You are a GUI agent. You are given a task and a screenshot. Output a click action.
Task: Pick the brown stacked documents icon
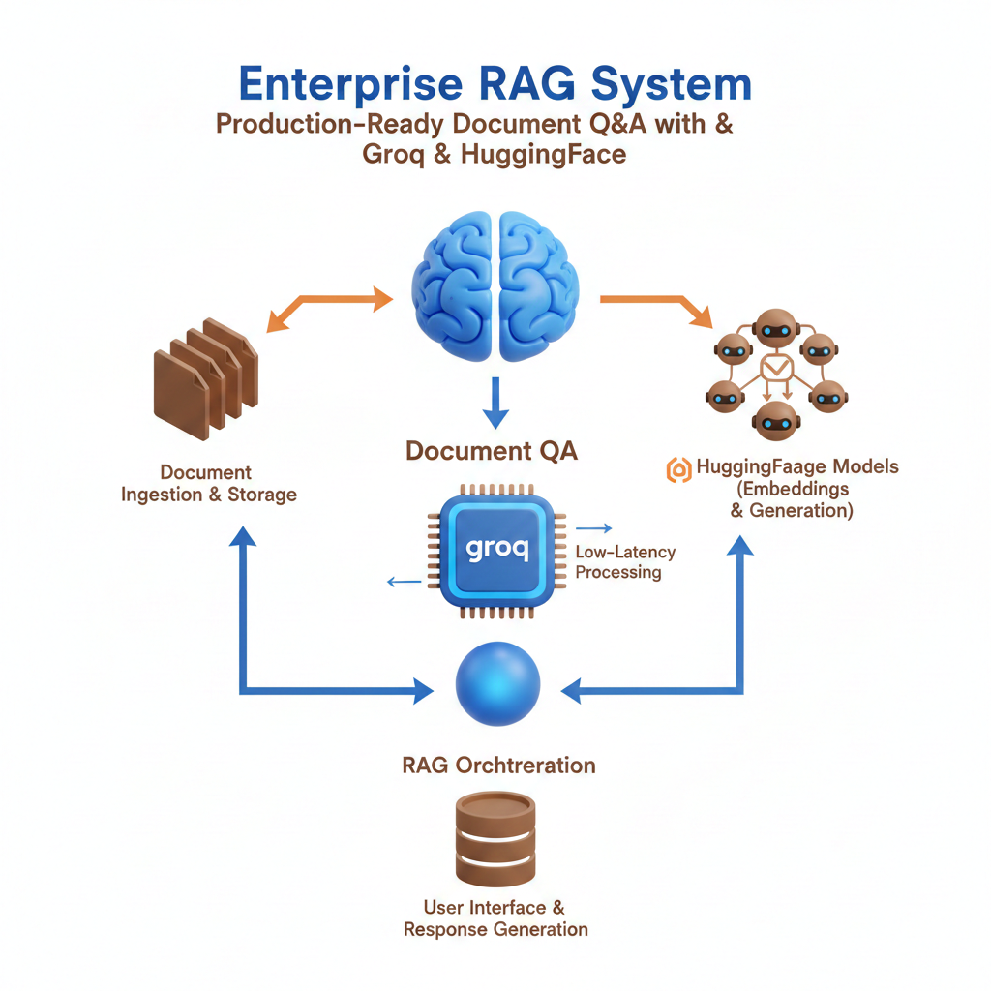point(206,374)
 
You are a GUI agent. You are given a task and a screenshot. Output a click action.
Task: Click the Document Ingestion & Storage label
point(207,484)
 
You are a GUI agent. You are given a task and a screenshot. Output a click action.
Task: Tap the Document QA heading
point(492,451)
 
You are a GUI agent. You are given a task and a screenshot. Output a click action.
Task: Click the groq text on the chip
point(496,549)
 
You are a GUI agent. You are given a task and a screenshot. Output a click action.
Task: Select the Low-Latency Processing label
point(624,561)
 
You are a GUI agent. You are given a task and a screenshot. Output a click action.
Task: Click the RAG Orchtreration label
point(498,766)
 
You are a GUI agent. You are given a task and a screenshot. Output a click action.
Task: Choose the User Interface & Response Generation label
point(495,918)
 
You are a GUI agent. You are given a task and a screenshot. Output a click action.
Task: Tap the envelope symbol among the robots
point(777,369)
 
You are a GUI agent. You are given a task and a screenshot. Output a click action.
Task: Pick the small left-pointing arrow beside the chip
point(404,582)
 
